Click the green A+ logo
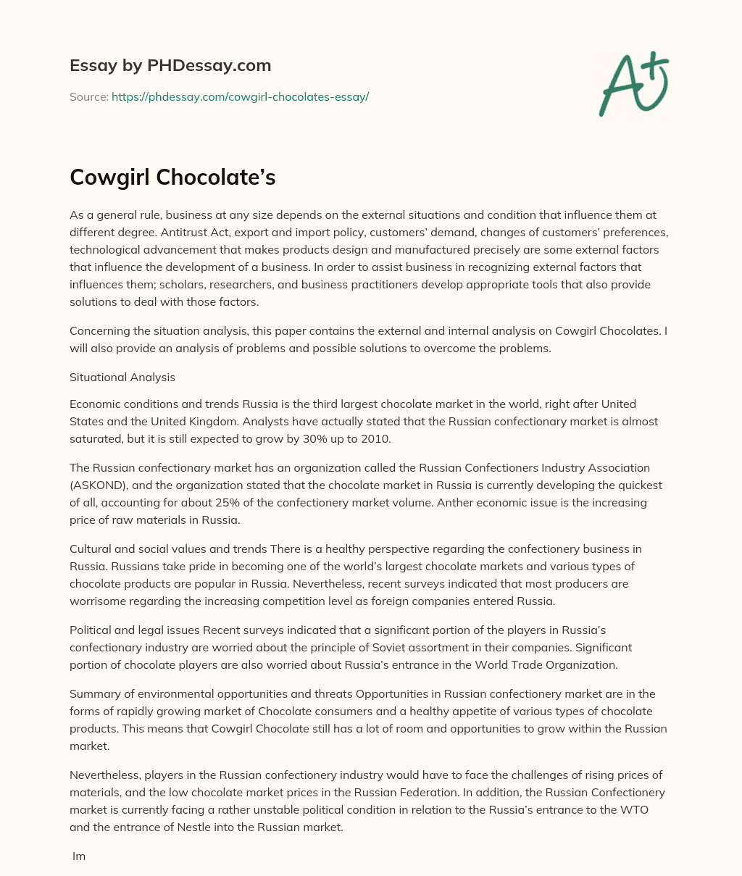tap(633, 85)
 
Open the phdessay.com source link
tap(240, 96)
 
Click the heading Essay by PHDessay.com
tap(170, 66)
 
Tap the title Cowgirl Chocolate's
tap(172, 178)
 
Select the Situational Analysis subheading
tap(122, 377)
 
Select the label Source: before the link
tap(88, 96)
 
